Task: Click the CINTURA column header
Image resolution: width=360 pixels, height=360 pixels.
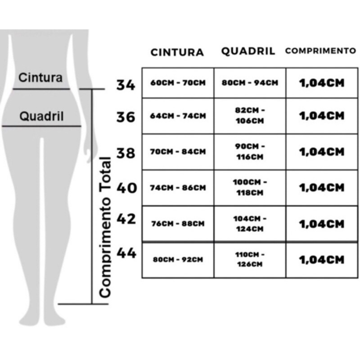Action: (x=177, y=52)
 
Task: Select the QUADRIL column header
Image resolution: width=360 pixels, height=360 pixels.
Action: (x=248, y=51)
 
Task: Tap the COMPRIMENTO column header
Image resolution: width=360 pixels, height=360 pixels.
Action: (x=321, y=51)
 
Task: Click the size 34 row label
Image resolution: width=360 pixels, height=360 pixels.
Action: (x=126, y=85)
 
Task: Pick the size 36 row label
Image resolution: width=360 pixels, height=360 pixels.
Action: (x=126, y=117)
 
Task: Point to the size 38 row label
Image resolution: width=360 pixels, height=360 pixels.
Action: (x=126, y=153)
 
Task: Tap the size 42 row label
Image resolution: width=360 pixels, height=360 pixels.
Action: (x=126, y=219)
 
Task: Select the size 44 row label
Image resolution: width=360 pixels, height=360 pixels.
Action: (x=126, y=253)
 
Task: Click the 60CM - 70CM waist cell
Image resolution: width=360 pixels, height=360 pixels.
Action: (x=178, y=83)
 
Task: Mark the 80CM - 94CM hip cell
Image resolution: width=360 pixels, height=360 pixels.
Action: (x=250, y=83)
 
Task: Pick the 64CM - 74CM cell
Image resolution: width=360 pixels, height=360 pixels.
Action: (x=178, y=116)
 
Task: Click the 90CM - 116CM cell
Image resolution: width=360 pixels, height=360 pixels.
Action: (x=250, y=152)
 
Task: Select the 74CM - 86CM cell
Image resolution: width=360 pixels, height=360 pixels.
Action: (x=178, y=188)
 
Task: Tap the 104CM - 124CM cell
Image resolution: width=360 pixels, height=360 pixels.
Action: (x=250, y=223)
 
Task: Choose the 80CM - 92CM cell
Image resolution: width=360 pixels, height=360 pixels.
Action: (x=178, y=260)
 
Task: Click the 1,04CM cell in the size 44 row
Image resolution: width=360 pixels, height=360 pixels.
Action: (x=322, y=260)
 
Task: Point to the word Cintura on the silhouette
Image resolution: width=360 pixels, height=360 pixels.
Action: (x=40, y=77)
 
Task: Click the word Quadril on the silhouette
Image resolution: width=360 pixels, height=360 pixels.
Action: (x=41, y=116)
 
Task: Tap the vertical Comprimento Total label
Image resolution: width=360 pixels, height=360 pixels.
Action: (x=105, y=227)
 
